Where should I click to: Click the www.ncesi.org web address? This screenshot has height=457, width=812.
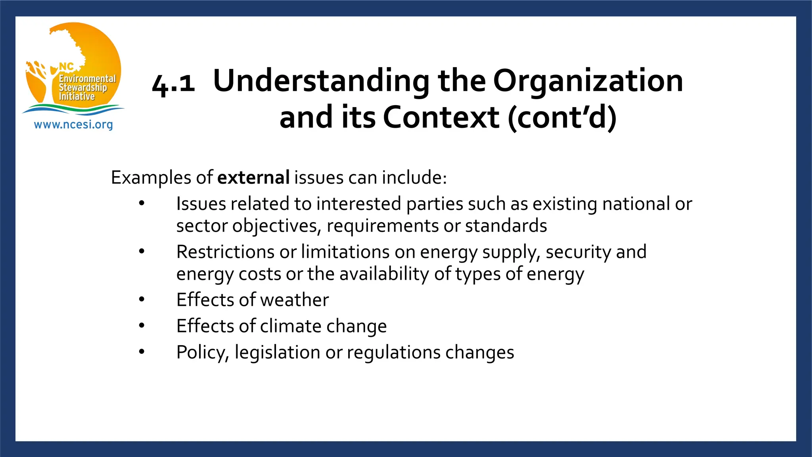[x=73, y=125]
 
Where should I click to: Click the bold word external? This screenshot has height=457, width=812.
[x=253, y=177]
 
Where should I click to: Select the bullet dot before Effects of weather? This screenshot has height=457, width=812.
[x=142, y=299]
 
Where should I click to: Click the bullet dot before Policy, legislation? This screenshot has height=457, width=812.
[x=142, y=351]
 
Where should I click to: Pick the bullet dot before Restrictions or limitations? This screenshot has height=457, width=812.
[x=142, y=251]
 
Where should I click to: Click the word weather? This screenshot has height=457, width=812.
[x=295, y=300]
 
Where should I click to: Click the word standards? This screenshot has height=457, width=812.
[x=506, y=226]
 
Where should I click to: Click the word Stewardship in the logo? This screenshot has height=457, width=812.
[x=83, y=87]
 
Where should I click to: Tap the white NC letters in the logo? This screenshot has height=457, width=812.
[x=66, y=67]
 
